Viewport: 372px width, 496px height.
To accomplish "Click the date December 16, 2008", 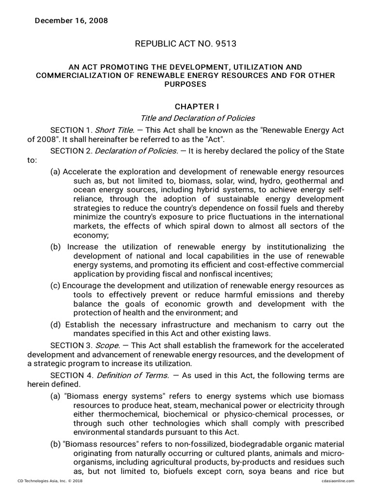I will (71, 21).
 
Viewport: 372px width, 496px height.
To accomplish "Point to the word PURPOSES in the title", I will (186, 84).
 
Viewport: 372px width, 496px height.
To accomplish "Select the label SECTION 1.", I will (71, 130).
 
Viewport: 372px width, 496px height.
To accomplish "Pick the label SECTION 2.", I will (71, 151).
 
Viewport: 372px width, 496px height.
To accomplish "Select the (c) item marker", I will (55, 286).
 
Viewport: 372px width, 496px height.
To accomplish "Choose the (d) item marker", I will (55, 325).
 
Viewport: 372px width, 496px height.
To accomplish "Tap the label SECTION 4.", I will (71, 375).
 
